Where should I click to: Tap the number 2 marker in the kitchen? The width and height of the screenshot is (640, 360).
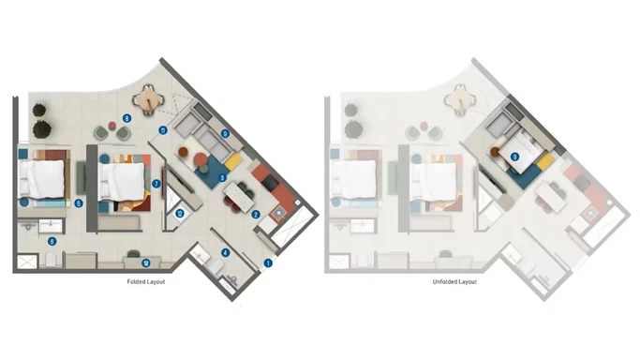[x=255, y=214]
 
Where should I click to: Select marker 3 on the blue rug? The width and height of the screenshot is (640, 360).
[x=222, y=176]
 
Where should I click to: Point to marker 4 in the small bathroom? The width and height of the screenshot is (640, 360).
[x=224, y=251]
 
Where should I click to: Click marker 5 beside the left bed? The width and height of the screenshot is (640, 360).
[x=79, y=202]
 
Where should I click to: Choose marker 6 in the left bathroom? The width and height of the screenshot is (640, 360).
[x=52, y=241]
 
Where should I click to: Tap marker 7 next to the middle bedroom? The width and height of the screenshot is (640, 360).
[x=156, y=184]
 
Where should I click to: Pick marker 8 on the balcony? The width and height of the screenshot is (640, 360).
[x=126, y=118]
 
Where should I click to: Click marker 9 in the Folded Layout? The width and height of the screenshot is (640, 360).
[x=225, y=134]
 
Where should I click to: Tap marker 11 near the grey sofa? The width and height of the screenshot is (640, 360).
[x=162, y=131]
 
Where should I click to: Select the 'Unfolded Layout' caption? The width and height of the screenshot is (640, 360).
[x=454, y=281]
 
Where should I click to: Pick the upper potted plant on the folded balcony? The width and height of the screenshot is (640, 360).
[x=40, y=110]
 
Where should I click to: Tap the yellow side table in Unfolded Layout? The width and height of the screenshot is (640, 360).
[x=544, y=161]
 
